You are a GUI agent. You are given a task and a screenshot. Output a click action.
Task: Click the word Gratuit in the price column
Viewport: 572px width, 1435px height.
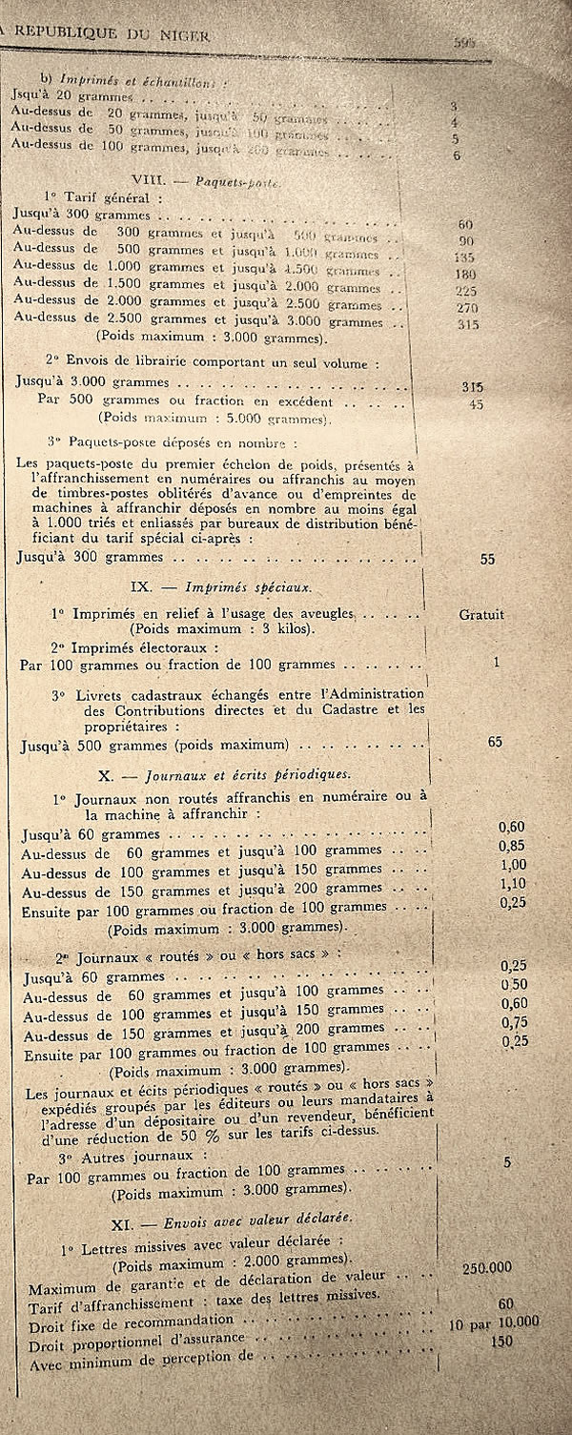(x=480, y=615)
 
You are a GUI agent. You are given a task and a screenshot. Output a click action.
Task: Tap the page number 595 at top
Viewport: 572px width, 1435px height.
(x=464, y=41)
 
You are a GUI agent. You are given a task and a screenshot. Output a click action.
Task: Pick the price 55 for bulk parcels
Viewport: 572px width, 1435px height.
(x=488, y=559)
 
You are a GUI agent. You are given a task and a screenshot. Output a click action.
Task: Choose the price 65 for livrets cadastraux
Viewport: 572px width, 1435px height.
(x=495, y=741)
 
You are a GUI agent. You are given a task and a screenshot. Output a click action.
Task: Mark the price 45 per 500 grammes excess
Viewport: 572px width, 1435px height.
(x=477, y=404)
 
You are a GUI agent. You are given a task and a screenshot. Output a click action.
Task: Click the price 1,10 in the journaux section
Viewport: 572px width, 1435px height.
(x=512, y=884)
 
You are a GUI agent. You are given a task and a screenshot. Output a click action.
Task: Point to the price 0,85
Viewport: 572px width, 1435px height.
(x=512, y=845)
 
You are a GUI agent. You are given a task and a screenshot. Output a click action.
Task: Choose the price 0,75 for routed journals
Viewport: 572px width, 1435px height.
(x=516, y=1022)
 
